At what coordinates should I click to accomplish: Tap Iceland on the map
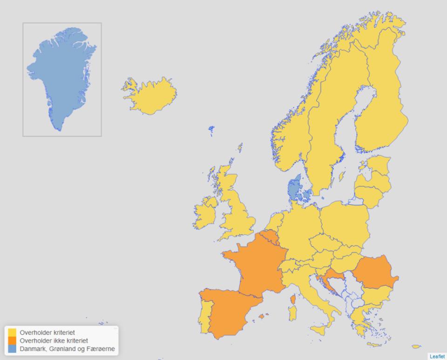pos(151,97)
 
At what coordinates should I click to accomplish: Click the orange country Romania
pos(375,272)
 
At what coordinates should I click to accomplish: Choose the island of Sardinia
pos(293,313)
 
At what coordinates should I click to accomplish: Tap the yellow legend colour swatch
pos(12,333)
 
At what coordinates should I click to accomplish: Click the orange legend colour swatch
pos(12,341)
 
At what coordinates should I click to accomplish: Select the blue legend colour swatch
pos(12,349)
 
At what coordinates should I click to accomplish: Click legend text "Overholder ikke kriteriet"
pos(54,341)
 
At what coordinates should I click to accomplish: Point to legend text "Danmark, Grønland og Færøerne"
pos(67,349)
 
